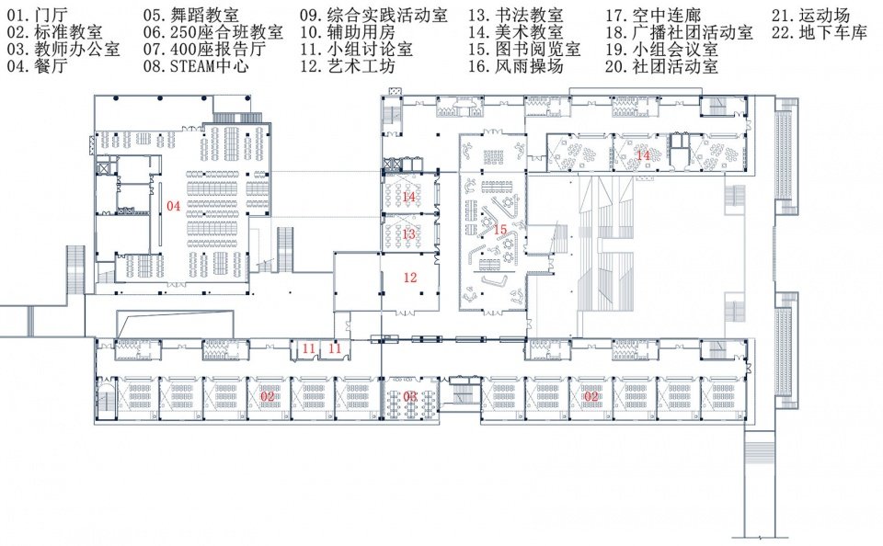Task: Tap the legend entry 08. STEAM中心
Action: tap(196, 66)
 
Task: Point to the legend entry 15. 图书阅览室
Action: tap(524, 49)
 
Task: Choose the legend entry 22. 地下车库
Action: tap(820, 32)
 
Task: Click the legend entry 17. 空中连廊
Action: tap(653, 16)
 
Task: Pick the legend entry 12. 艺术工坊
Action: tap(348, 66)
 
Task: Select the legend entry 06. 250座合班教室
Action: tap(212, 32)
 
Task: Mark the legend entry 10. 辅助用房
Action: tap(348, 32)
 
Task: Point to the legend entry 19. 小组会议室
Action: tap(661, 49)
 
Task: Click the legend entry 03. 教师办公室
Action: tap(63, 49)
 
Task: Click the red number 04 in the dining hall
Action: tap(174, 206)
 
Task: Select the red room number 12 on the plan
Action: tap(410, 277)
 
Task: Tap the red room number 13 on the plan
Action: tap(408, 233)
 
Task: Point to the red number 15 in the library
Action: tap(500, 229)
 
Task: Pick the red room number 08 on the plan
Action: tap(410, 396)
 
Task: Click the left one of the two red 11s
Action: tap(309, 348)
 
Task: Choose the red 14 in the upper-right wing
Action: tap(643, 154)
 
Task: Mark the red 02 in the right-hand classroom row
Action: tap(591, 396)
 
